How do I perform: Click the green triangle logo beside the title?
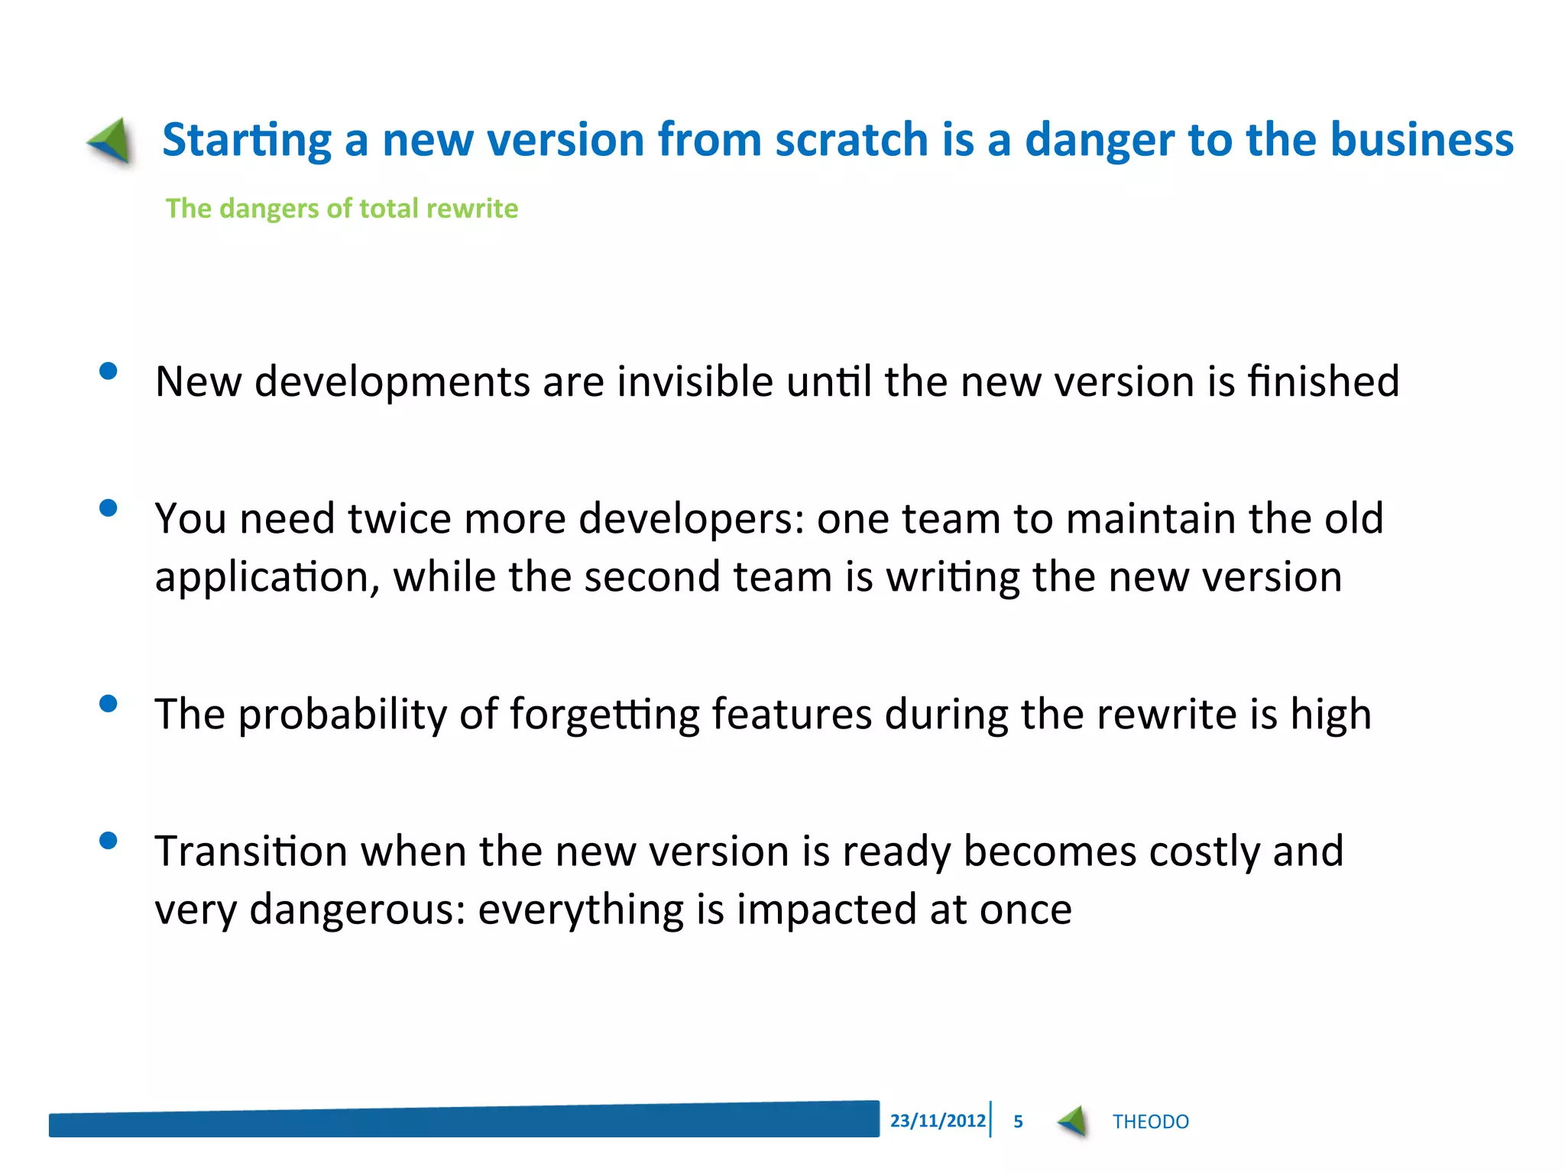point(111,141)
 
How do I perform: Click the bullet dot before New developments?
point(109,371)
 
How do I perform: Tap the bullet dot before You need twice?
point(109,508)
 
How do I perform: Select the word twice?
point(400,519)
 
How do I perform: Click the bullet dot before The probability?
point(109,704)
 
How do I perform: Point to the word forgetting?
point(604,715)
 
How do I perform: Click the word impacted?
point(826,910)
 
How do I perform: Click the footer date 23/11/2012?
point(938,1120)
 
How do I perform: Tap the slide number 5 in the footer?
point(1018,1121)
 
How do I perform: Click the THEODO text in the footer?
point(1150,1121)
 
